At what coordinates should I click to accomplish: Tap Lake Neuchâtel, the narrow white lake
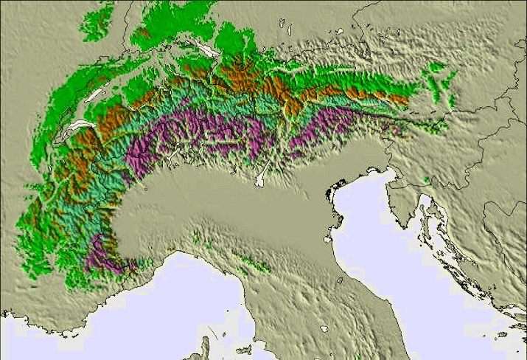pyautogui.click(x=93, y=96)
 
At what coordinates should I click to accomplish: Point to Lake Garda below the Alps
pyautogui.click(x=261, y=177)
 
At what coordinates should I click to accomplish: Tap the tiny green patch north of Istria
pyautogui.click(x=427, y=179)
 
